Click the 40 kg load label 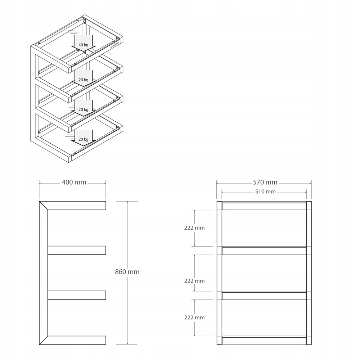[83, 44]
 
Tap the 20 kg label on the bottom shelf [83, 139]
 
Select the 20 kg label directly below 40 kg [83, 80]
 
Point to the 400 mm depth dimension [74, 183]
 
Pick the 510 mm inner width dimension [265, 192]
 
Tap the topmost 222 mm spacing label [194, 228]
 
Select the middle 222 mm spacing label [194, 281]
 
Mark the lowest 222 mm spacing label [194, 318]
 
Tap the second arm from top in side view [77, 250]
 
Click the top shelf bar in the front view [264, 206]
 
